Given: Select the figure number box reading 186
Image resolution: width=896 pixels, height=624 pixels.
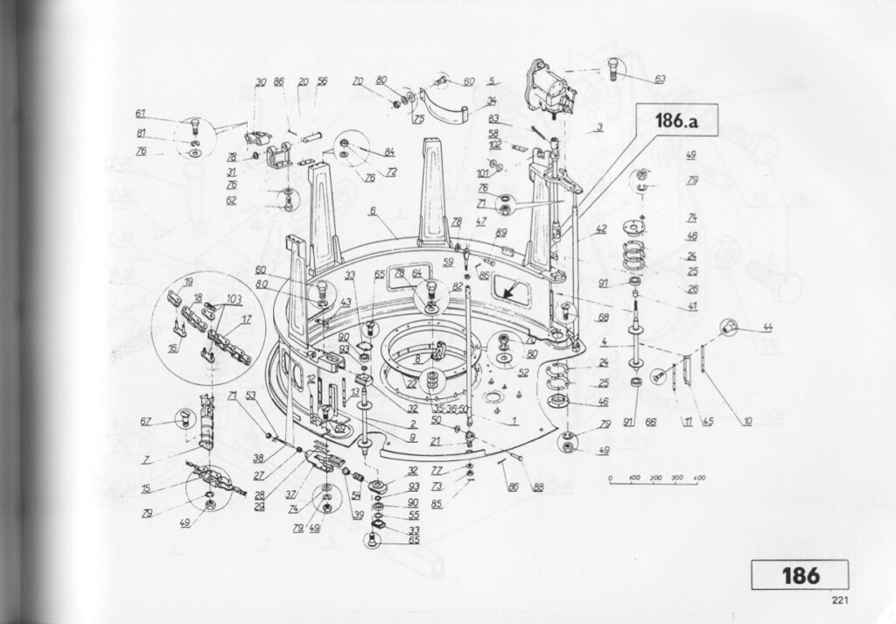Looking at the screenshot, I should point(799,575).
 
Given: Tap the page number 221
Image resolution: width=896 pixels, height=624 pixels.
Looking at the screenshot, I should point(841,600).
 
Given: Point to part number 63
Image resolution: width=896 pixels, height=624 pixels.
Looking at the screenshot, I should point(658,79).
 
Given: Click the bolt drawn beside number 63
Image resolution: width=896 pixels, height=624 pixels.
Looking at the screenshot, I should point(613,69).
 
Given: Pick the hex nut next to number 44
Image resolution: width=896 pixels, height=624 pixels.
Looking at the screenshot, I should point(728,326).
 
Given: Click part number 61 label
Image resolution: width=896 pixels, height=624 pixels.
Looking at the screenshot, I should point(140,113).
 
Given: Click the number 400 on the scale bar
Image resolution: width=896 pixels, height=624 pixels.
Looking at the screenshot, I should point(699,477).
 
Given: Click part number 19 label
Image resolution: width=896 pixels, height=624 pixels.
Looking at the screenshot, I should point(188,282).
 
